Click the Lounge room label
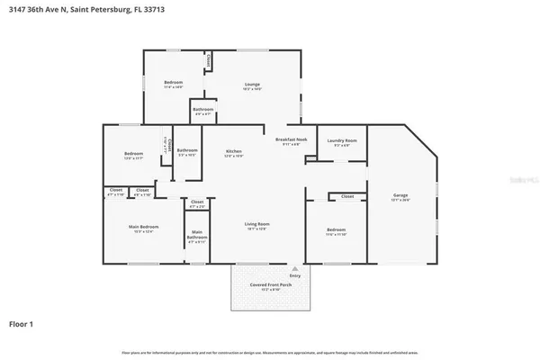tap(252, 84)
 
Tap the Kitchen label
tap(233, 151)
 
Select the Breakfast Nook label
tap(291, 139)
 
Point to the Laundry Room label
tap(342, 140)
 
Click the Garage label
tap(400, 195)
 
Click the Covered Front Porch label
tap(271, 284)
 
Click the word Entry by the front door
tap(294, 274)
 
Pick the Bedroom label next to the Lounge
tap(173, 84)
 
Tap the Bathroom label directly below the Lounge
tap(202, 110)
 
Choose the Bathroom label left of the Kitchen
tap(186, 150)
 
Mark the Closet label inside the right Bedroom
tap(346, 195)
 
